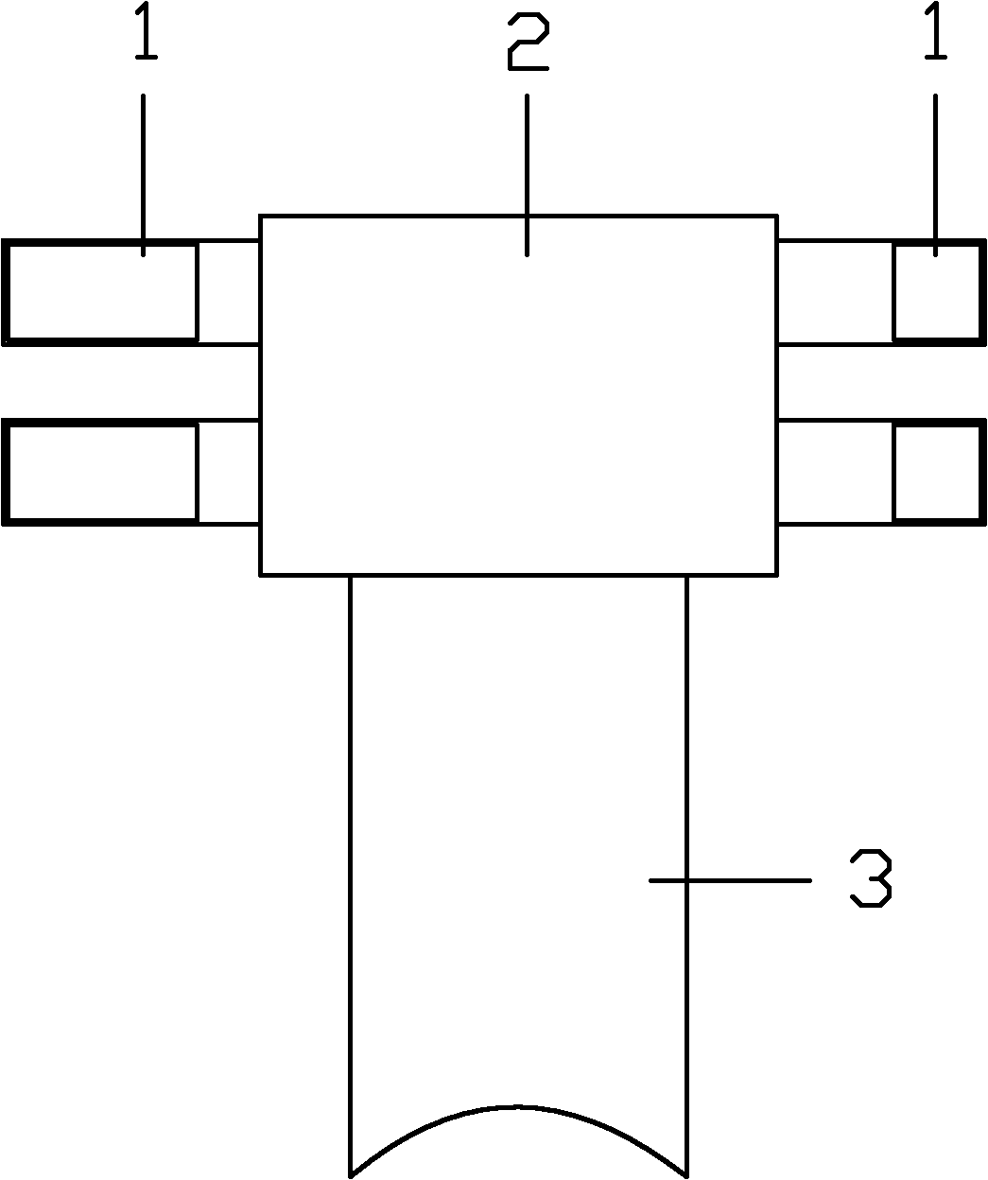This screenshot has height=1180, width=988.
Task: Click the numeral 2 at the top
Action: (x=528, y=42)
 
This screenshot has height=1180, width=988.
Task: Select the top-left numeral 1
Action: (x=146, y=30)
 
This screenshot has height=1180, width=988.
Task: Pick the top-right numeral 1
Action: (x=935, y=30)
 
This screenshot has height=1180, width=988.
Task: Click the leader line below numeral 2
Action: (x=528, y=175)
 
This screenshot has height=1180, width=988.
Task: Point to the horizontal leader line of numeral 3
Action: (x=730, y=880)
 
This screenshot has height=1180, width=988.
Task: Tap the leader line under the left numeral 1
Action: (x=143, y=175)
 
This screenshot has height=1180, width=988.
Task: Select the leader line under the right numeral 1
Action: (x=935, y=175)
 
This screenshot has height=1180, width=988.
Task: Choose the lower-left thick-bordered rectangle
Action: (x=100, y=473)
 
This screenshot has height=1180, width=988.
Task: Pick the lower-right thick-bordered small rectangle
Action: (x=940, y=473)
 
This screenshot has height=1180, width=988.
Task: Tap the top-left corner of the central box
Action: (x=260, y=216)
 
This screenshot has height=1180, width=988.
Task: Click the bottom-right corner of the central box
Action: (x=778, y=576)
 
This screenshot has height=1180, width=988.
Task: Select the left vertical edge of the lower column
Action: (x=351, y=876)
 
